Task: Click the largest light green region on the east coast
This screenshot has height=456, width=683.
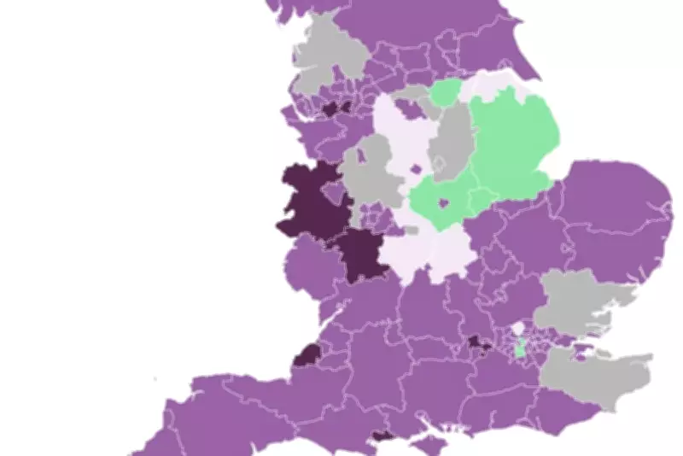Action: tap(512, 141)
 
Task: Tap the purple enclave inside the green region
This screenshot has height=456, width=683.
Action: tap(443, 203)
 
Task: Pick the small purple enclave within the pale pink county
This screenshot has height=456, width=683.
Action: tap(416, 169)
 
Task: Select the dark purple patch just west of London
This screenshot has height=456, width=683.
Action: tap(478, 343)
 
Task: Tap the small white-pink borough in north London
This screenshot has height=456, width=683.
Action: tap(517, 329)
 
